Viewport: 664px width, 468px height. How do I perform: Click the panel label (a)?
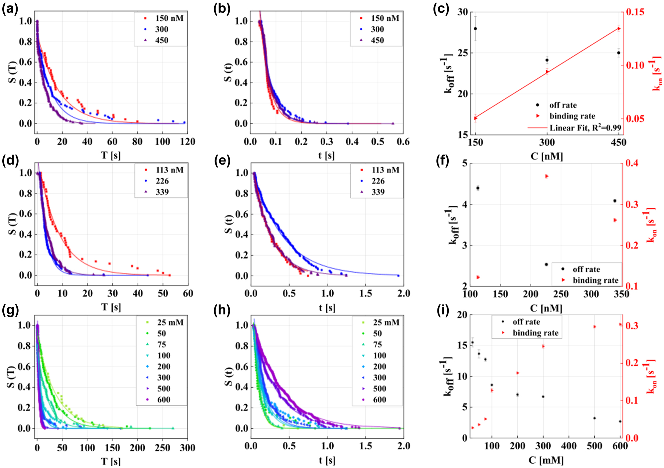click(10, 9)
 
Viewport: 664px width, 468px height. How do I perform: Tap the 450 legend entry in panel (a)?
click(161, 40)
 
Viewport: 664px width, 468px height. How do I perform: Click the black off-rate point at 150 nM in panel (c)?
click(475, 29)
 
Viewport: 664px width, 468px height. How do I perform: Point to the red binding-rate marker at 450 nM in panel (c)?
click(619, 29)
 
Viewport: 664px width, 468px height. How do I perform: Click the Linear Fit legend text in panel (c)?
click(585, 128)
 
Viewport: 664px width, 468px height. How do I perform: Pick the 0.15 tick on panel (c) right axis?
click(635, 12)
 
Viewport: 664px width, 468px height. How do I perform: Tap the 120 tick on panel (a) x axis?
click(188, 142)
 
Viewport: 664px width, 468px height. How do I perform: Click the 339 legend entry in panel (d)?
click(162, 192)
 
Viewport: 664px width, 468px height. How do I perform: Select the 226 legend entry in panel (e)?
click(378, 181)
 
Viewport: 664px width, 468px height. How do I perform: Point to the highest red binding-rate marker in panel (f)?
click(547, 176)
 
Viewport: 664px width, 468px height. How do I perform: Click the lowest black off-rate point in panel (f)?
click(546, 264)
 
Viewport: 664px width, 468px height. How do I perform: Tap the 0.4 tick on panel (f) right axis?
click(632, 163)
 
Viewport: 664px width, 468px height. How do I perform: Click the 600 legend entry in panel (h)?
click(379, 400)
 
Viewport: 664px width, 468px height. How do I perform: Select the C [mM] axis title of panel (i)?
click(546, 460)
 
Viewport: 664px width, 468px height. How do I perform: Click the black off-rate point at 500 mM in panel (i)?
click(594, 418)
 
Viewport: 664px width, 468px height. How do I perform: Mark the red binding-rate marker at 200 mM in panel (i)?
click(518, 373)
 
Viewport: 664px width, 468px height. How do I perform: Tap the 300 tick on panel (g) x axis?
click(187, 448)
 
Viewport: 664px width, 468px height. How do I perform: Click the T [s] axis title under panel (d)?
click(111, 307)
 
